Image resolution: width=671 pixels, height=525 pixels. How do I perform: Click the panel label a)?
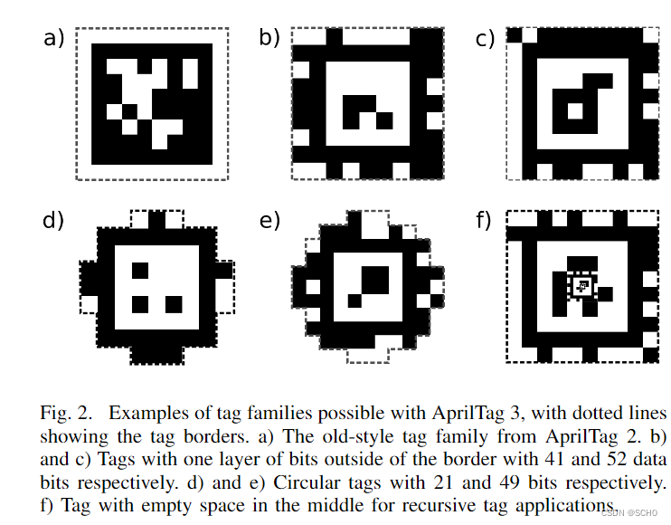54,37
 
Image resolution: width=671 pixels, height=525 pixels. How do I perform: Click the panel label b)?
269,37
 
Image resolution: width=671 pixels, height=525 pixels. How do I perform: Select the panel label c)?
485,39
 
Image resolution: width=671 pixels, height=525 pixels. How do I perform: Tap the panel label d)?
53,220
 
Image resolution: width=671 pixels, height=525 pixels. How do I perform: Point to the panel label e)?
269,220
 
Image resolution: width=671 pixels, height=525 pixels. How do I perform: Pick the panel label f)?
484,220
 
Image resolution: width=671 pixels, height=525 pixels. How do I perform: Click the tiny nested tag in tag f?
582,286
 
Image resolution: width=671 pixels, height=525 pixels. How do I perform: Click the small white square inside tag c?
575,111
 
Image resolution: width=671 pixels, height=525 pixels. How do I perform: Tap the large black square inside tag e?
375,280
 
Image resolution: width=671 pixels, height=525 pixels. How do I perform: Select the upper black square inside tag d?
140,271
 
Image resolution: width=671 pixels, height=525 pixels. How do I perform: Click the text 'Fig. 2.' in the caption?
66,414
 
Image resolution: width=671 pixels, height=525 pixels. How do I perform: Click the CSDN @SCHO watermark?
629,513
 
